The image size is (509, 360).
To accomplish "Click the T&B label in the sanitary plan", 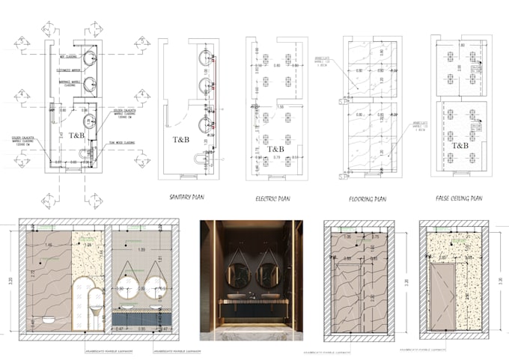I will point(182,139).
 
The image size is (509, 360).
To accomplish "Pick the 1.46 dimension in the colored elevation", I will point(49,245).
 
